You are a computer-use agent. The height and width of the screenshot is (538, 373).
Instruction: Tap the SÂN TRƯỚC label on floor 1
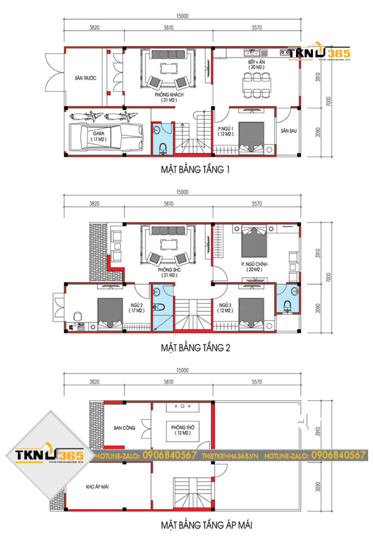point(85,78)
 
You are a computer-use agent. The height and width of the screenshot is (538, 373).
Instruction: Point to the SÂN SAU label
point(289,131)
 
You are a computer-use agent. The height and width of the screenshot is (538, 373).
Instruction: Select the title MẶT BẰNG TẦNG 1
point(195,170)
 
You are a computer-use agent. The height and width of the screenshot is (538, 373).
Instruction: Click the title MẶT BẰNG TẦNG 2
point(195,348)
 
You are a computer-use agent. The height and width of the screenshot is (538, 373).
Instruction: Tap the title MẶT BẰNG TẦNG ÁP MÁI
point(206,525)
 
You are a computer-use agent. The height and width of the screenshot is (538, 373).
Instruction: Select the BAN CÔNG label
point(125,428)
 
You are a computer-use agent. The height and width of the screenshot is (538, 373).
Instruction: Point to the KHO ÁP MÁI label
point(97,487)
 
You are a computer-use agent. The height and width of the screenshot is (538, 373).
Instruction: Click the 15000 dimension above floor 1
point(182,16)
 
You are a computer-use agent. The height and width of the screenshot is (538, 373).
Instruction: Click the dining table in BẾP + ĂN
point(256,85)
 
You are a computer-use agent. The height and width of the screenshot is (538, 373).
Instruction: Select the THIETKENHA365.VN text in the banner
point(230,456)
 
